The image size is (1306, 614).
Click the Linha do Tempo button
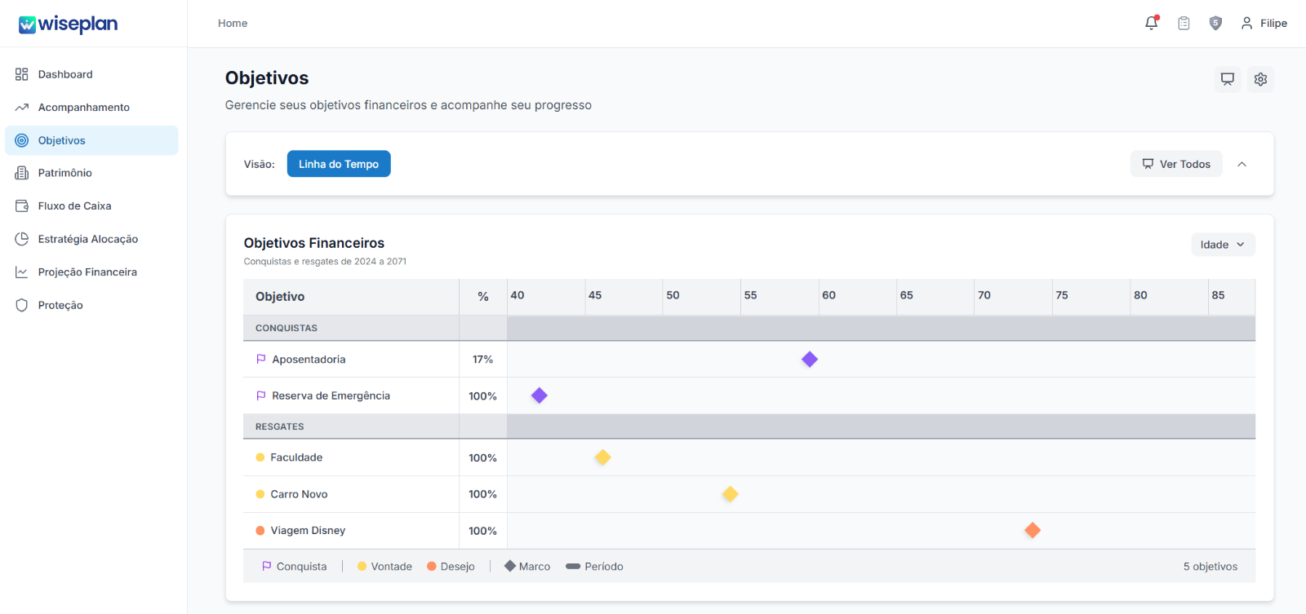pyautogui.click(x=339, y=164)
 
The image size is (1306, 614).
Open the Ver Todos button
pyautogui.click(x=1176, y=164)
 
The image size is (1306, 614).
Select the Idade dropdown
pyautogui.click(x=1223, y=245)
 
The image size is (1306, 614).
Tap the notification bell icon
pyautogui.click(x=1152, y=23)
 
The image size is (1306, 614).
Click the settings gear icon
pyautogui.click(x=1260, y=79)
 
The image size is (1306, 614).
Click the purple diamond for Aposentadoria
pyautogui.click(x=809, y=360)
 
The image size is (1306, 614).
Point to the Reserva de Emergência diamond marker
pyautogui.click(x=540, y=395)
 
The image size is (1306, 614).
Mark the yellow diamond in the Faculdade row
pyautogui.click(x=603, y=457)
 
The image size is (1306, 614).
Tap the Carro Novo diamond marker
pyautogui.click(x=730, y=494)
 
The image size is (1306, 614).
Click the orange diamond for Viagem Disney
pyautogui.click(x=1033, y=530)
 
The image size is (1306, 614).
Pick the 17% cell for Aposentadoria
pyautogui.click(x=482, y=360)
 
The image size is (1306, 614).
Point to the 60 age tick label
pyautogui.click(x=828, y=295)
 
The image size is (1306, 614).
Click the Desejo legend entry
pyautogui.click(x=451, y=566)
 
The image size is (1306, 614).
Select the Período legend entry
pyautogui.click(x=595, y=566)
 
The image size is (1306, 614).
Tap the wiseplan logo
pyautogui.click(x=69, y=24)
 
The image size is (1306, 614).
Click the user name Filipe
pyautogui.click(x=1273, y=24)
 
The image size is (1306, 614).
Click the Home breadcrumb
pyautogui.click(x=233, y=24)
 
